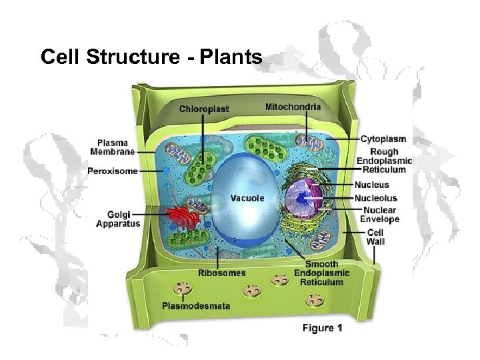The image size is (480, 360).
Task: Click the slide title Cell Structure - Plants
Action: click(x=151, y=57)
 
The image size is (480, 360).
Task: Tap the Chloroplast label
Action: click(x=203, y=108)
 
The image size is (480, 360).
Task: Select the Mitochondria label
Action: click(x=293, y=106)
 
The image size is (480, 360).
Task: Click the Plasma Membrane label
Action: click(x=117, y=147)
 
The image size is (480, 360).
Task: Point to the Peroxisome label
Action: click(x=113, y=171)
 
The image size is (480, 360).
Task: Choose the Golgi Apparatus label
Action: click(x=118, y=219)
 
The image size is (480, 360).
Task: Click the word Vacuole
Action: click(x=247, y=198)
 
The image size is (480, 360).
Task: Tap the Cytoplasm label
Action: click(x=383, y=139)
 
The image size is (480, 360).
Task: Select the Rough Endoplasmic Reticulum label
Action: click(x=385, y=161)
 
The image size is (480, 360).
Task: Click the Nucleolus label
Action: click(x=376, y=198)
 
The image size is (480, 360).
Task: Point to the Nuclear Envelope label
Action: click(x=379, y=214)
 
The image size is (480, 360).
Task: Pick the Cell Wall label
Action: click(x=376, y=237)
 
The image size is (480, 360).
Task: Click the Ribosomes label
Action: click(x=221, y=273)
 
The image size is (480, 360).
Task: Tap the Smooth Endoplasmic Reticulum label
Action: click(x=321, y=273)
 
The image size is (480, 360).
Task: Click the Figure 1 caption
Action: click(x=323, y=328)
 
